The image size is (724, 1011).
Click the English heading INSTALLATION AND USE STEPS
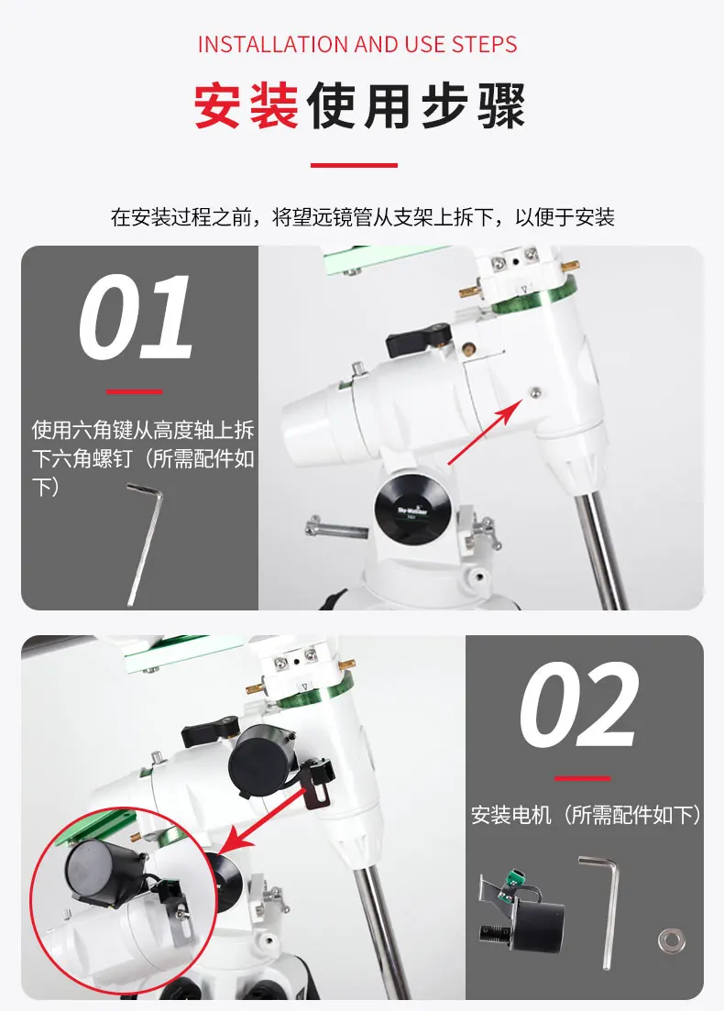[357, 44]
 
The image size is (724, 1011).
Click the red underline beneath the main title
[354, 165]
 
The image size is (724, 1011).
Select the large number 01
[136, 319]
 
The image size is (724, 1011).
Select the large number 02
[578, 707]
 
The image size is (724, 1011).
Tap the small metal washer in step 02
[669, 940]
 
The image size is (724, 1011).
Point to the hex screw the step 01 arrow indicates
[535, 392]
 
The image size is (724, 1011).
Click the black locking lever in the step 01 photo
[418, 340]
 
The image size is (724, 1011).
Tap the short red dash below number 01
[134, 391]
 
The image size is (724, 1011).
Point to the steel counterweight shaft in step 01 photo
[603, 550]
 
